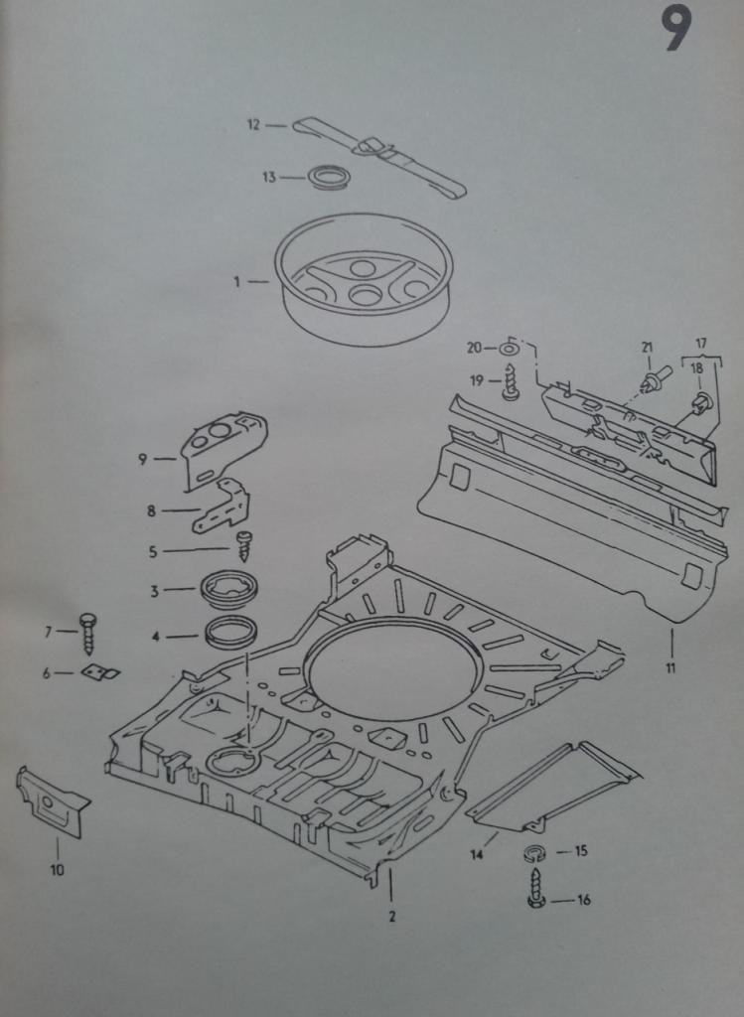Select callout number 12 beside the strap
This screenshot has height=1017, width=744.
(253, 125)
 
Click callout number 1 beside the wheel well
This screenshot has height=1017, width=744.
(237, 282)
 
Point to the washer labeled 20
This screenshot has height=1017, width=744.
(509, 348)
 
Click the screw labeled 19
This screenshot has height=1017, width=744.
(511, 382)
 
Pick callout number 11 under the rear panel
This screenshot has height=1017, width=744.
(670, 667)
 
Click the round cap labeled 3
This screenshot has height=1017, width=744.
(229, 589)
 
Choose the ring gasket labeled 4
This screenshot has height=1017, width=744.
(231, 633)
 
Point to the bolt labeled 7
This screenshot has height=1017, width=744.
(87, 632)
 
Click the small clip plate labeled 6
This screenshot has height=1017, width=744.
(99, 672)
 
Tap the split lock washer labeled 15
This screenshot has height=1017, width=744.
(533, 852)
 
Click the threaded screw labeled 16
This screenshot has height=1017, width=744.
(535, 887)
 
